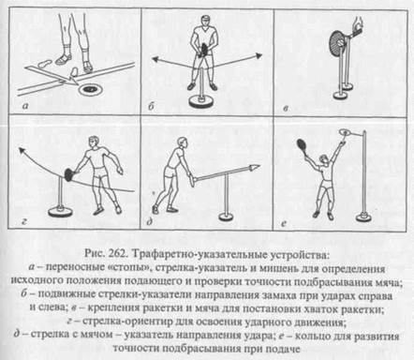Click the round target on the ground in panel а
[x=90, y=90]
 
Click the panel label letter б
[x=151, y=107]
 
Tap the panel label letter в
[x=286, y=109]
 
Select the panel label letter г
[x=24, y=221]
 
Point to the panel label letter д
[x=150, y=222]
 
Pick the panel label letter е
[x=284, y=223]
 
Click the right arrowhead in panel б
[x=258, y=55]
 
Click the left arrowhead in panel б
[x=155, y=59]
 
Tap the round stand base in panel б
[x=201, y=102]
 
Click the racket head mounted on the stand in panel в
[x=336, y=42]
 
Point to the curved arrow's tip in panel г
[x=22, y=150]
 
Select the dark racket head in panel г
[x=68, y=174]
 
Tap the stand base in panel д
[x=227, y=216]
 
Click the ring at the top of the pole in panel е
[x=345, y=132]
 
